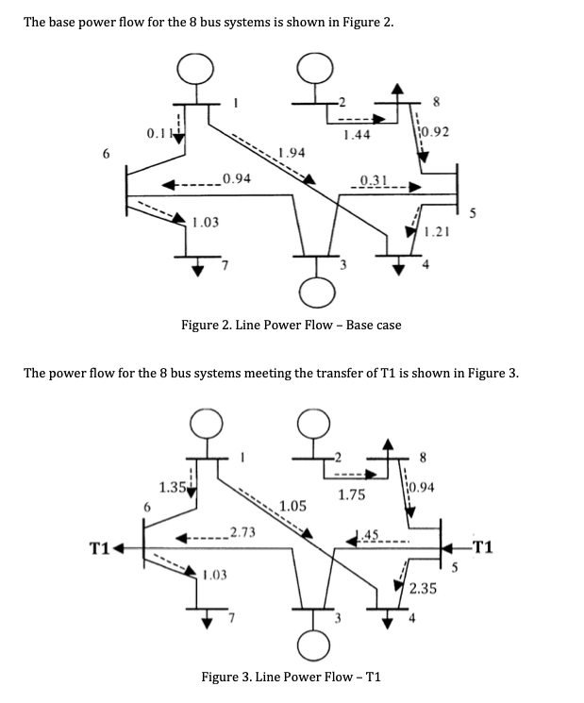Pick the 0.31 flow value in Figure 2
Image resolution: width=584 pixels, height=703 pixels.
[375, 180]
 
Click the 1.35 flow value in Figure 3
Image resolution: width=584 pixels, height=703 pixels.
[172, 488]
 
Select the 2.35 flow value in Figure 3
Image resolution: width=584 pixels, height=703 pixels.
[424, 588]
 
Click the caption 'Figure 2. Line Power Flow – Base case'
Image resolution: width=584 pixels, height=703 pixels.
[291, 325]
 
